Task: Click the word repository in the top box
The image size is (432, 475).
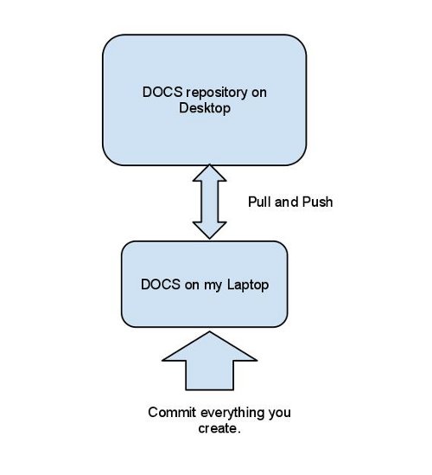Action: pyautogui.click(x=217, y=93)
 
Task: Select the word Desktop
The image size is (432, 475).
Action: pyautogui.click(x=205, y=108)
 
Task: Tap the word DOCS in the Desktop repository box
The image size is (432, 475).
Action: pyautogui.click(x=162, y=92)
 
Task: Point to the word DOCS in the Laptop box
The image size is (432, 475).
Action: pyautogui.click(x=161, y=285)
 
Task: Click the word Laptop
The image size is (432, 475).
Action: pyautogui.click(x=248, y=285)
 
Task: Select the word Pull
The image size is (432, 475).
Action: pyautogui.click(x=259, y=202)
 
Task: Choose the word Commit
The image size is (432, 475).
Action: pyautogui.click(x=172, y=413)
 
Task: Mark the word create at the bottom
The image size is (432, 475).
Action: pyautogui.click(x=218, y=428)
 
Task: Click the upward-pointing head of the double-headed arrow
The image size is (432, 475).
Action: pyautogui.click(x=209, y=174)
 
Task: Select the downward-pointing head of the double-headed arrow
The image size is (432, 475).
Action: pyautogui.click(x=209, y=230)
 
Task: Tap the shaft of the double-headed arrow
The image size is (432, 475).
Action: pyautogui.click(x=209, y=202)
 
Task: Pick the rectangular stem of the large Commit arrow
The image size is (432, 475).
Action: pyautogui.click(x=209, y=375)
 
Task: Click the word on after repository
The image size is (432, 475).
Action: pyautogui.click(x=259, y=93)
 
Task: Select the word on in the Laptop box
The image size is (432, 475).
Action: pyautogui.click(x=192, y=286)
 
